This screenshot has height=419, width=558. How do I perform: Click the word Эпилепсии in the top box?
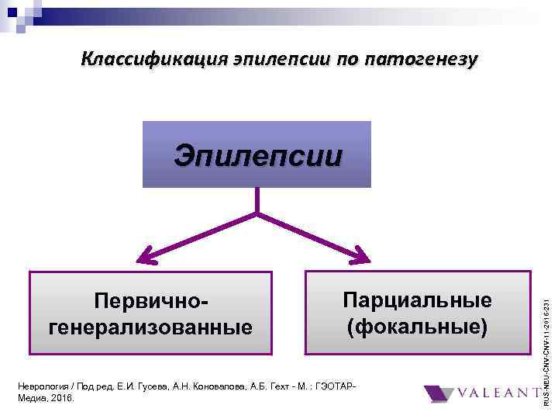(257, 154)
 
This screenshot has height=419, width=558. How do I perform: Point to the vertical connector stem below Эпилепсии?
(257, 200)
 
